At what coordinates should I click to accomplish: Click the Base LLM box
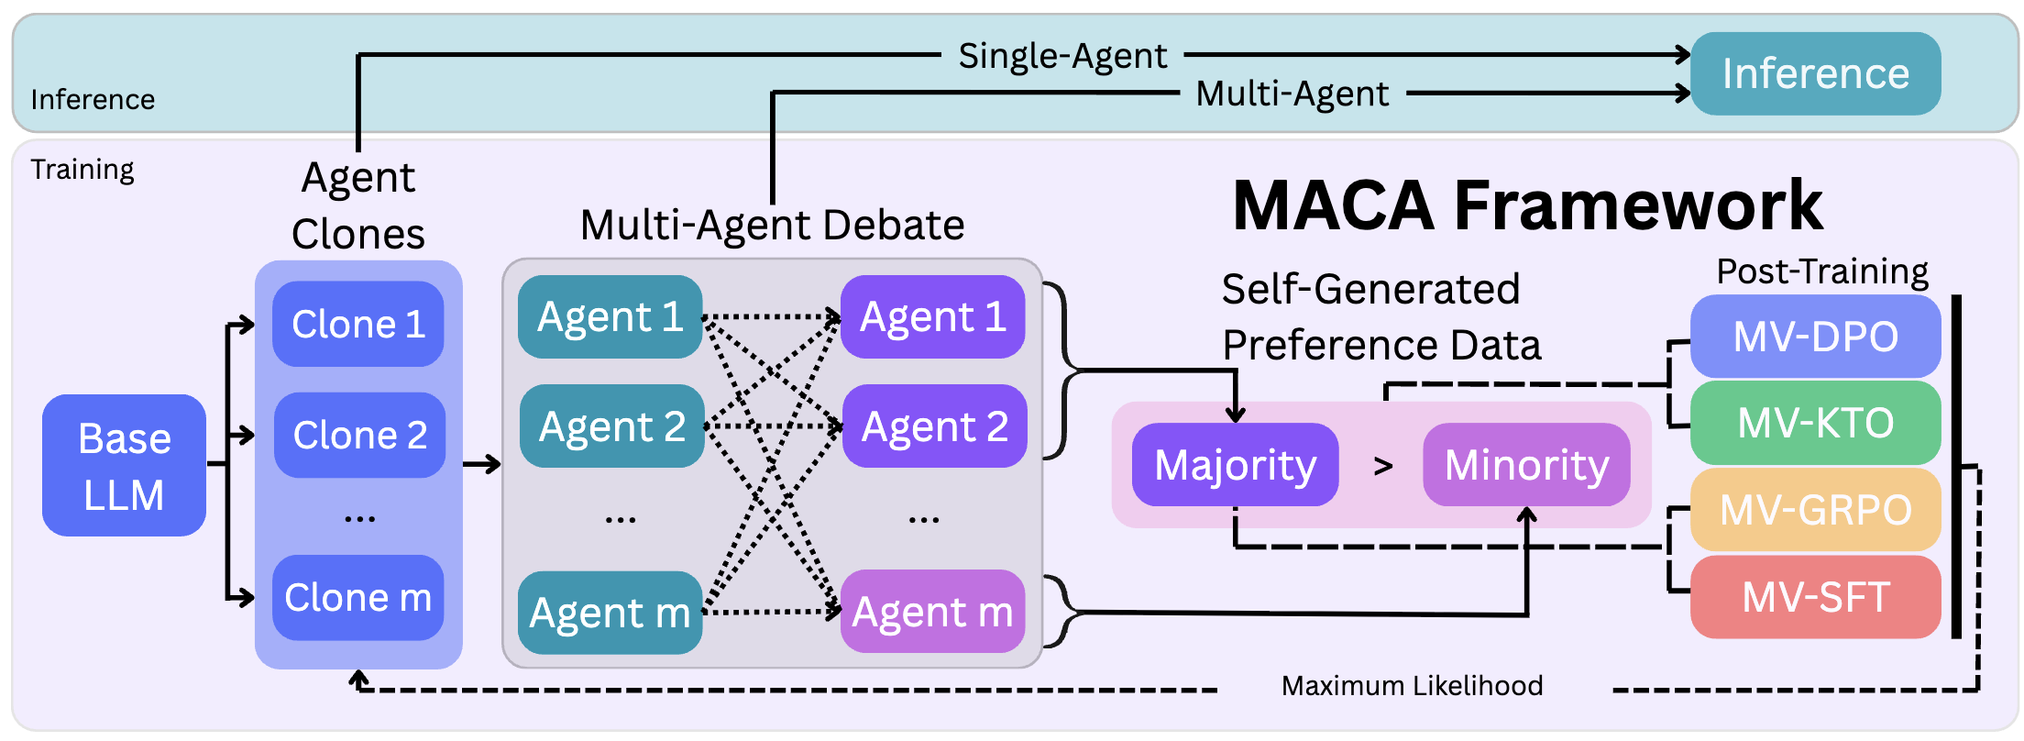click(124, 466)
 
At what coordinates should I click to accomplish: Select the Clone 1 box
click(358, 324)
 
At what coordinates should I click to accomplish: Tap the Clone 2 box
click(359, 435)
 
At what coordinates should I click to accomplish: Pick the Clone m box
click(358, 597)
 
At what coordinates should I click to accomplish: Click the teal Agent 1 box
click(610, 317)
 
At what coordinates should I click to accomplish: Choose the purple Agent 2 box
click(934, 426)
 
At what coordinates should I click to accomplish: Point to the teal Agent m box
click(610, 613)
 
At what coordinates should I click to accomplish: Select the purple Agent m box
click(932, 612)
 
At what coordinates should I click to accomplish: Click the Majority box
click(1235, 465)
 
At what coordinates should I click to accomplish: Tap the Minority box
click(1526, 465)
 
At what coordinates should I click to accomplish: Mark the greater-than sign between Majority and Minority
click(1383, 467)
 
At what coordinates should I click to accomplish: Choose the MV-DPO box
click(1815, 337)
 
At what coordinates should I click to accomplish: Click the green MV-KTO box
click(1815, 423)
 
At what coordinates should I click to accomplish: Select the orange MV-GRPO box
click(1815, 510)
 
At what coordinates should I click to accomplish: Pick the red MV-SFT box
click(1815, 597)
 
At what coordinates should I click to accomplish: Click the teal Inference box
click(1815, 73)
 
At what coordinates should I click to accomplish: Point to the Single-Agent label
click(1062, 56)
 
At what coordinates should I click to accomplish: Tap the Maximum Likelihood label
click(1412, 686)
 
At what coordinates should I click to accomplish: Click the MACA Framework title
click(1527, 205)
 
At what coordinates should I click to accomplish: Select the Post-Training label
click(1821, 271)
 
